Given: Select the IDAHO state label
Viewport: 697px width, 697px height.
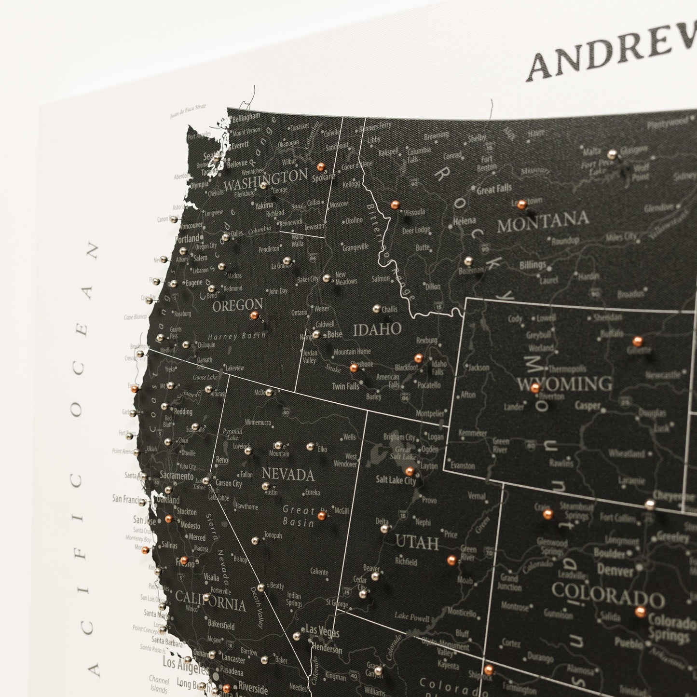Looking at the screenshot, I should [377, 330].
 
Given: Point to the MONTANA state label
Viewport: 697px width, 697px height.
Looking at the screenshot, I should [543, 221].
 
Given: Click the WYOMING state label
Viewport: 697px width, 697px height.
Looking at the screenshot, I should [564, 384].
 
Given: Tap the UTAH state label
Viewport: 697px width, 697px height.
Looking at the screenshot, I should [417, 543].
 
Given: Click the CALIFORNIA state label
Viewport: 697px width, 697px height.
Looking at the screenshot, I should [210, 601].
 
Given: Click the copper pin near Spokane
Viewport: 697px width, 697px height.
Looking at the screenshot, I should [320, 167].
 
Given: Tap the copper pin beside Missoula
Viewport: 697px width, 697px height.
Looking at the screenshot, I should [395, 205].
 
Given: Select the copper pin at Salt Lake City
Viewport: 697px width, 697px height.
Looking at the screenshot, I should [410, 471].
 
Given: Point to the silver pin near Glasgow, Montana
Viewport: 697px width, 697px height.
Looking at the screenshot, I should [612, 154].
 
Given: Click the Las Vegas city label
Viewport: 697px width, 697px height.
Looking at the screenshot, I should [320, 629].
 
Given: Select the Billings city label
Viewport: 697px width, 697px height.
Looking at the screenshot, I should [533, 265].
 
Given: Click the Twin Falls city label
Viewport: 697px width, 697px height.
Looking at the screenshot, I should [345, 386].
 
